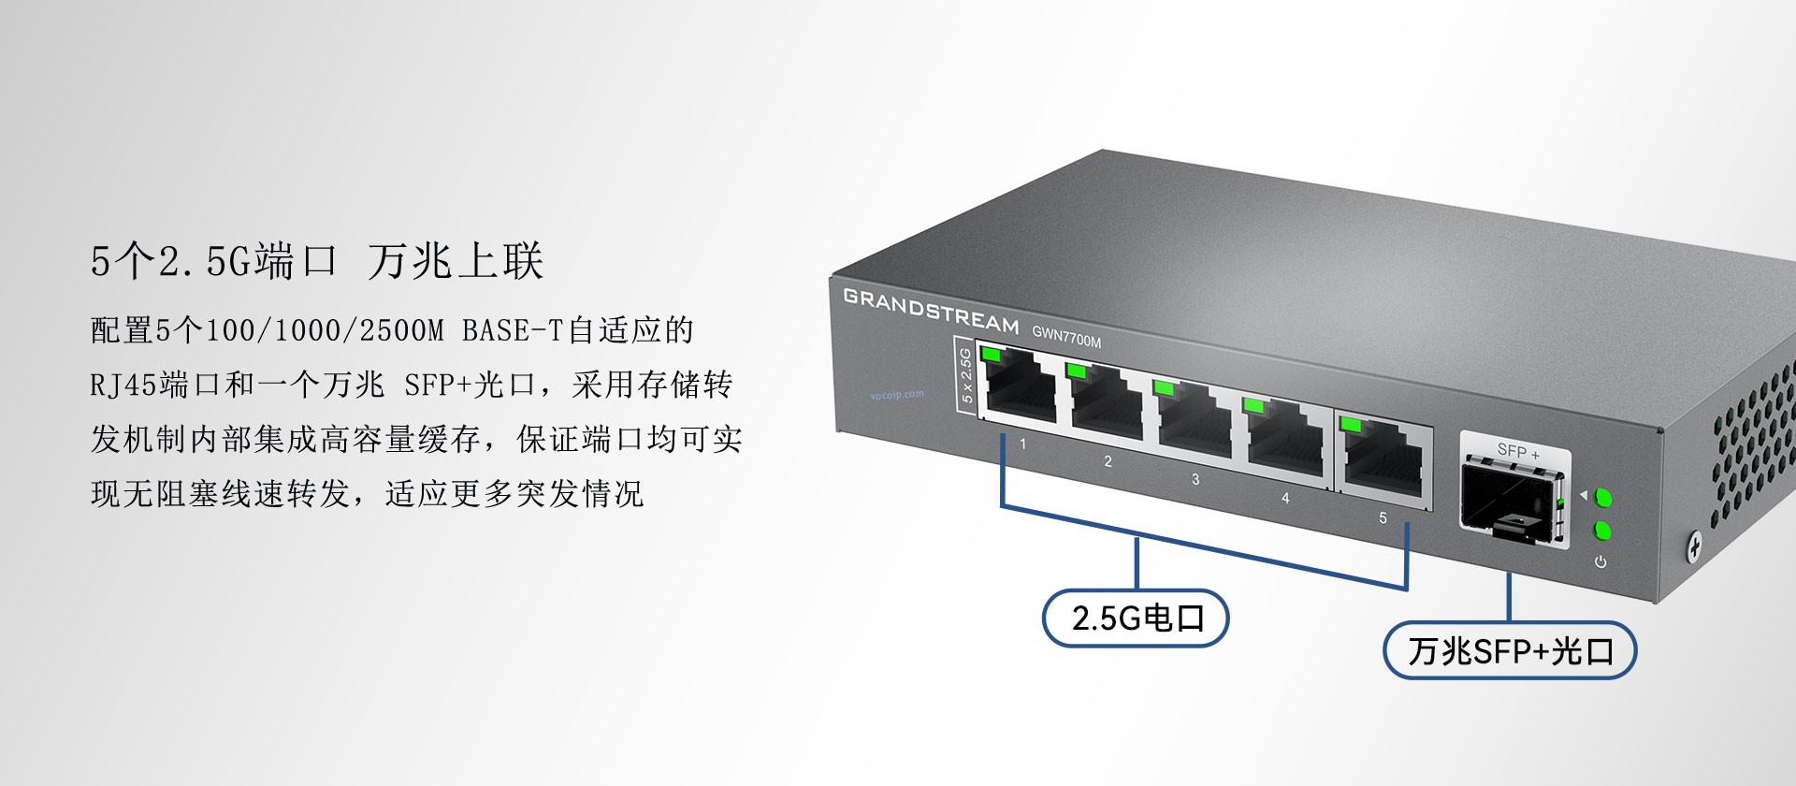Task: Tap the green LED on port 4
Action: [x=1253, y=406]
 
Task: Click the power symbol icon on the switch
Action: [x=1600, y=561]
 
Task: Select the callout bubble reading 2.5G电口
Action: [x=1136, y=618]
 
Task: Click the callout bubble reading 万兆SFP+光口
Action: [x=1510, y=650]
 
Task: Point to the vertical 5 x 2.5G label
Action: [x=965, y=375]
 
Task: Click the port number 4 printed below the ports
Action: [x=1285, y=498]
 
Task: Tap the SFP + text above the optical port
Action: [x=1517, y=451]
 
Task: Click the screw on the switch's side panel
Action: [x=1694, y=546]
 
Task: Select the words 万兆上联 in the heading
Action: [x=456, y=261]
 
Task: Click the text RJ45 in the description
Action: [x=124, y=385]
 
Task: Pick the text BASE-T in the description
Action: [x=512, y=330]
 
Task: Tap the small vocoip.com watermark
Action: [x=896, y=394]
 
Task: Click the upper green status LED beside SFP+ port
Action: [x=1601, y=497]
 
